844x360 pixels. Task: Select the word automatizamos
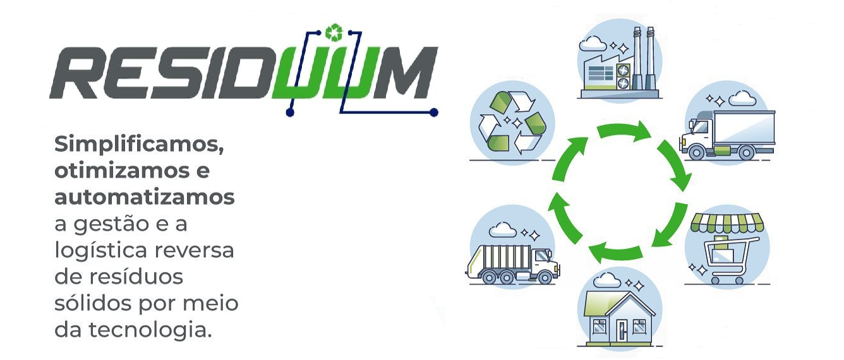click(x=144, y=197)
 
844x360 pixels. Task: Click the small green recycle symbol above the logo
click(x=334, y=32)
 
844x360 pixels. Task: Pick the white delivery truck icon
click(x=727, y=134)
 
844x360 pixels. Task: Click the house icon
click(x=620, y=318)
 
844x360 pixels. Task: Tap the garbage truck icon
click(x=513, y=263)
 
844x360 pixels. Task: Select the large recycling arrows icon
click(x=512, y=123)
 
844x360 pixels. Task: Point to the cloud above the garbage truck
click(x=502, y=229)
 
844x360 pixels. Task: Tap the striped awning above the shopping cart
click(x=727, y=223)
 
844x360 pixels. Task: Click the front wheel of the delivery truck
click(x=696, y=152)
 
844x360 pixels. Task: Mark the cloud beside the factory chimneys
click(x=593, y=43)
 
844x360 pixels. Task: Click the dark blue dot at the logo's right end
click(x=433, y=112)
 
